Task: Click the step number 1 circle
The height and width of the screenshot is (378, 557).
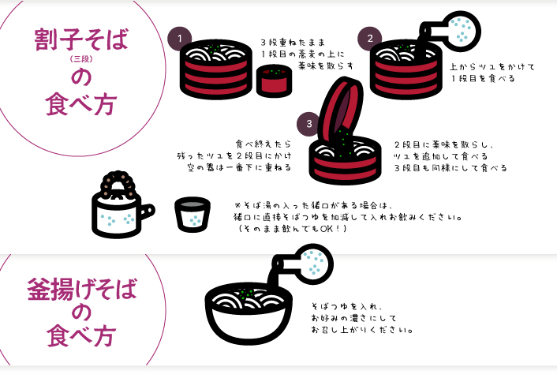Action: (180, 37)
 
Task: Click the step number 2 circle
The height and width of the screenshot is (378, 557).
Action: (369, 37)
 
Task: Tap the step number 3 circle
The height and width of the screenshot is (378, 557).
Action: (308, 124)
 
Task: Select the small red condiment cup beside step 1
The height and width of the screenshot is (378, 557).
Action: (273, 80)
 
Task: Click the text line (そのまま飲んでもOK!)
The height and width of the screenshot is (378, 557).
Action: (291, 229)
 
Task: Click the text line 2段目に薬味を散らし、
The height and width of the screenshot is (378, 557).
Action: (445, 144)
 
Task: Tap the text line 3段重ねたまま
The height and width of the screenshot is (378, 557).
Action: (293, 41)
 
